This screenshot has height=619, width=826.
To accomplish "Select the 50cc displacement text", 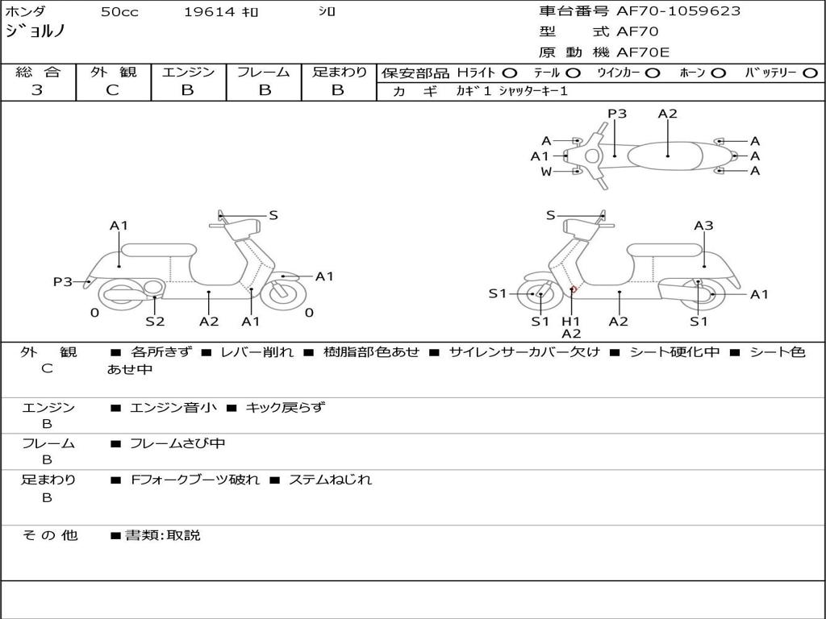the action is coord(119,11).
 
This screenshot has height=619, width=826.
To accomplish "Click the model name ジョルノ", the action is coord(35,31).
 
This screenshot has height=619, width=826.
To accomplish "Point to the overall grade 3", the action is coord(37,90).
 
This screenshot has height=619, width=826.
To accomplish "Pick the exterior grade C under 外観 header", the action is coord(113,90).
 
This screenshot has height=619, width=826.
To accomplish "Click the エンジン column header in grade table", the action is coord(188,72).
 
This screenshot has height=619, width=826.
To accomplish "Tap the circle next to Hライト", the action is coord(510,73).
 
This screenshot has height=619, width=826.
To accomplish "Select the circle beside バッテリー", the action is coord(810,73).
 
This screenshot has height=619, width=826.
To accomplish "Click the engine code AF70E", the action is coord(643,53).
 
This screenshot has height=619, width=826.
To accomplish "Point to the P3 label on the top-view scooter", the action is coord(617,114).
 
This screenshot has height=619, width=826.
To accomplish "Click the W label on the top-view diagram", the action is coord(546,171).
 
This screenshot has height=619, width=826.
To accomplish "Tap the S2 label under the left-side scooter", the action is coord(155,322).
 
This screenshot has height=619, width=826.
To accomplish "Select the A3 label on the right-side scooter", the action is coord(703,226).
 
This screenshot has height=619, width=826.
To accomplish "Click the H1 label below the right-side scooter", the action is coord(571,321).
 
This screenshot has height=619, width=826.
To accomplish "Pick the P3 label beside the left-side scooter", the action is coord(63,281).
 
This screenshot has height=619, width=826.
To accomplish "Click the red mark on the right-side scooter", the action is coord(573,289).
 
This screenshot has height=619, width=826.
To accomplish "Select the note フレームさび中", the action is coord(177,443).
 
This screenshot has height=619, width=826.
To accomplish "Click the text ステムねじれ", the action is coord(330,480).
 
